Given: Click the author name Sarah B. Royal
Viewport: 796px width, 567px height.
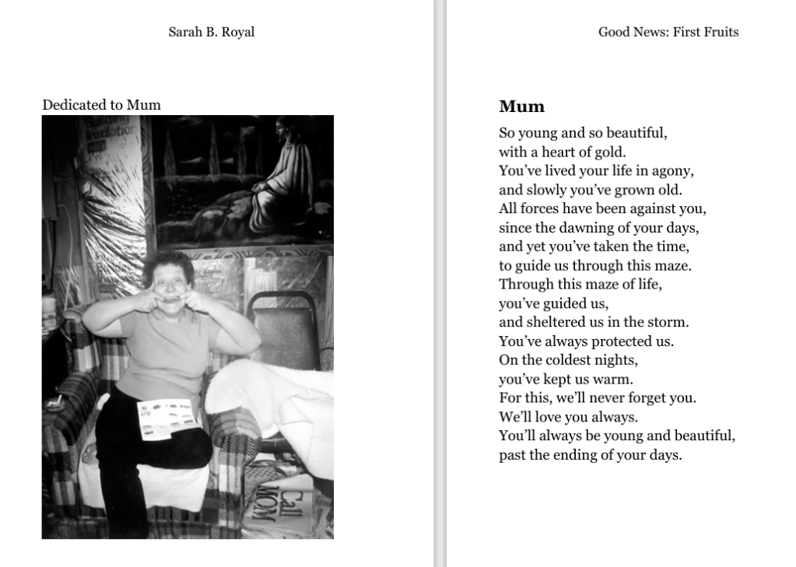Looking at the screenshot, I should [x=211, y=33].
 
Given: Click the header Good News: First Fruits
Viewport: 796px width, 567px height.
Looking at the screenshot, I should [x=668, y=33].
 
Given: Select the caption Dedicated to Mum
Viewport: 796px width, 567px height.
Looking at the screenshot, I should [x=101, y=105].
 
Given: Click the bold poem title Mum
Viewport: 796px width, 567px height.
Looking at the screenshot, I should [x=521, y=107].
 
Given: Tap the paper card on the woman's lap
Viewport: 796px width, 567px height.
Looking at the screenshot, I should [x=165, y=418].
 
